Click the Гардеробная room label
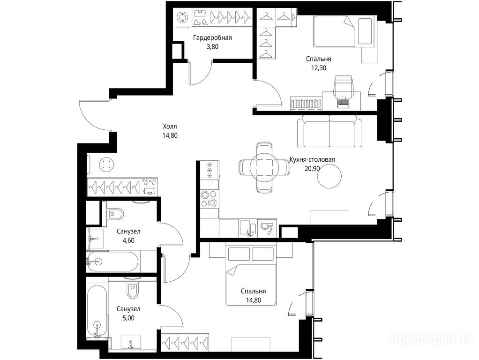pyautogui.click(x=212, y=37)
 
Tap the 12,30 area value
pyautogui.click(x=319, y=68)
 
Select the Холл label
pyautogui.click(x=170, y=126)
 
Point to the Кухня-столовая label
pyautogui.click(x=312, y=159)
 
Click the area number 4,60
pyautogui.click(x=128, y=240)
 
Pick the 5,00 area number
pyautogui.click(x=128, y=318)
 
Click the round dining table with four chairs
pyautogui.click(x=264, y=167)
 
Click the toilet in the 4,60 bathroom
pyautogui.click(x=115, y=213)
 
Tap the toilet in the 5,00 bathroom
pyautogui.click(x=133, y=290)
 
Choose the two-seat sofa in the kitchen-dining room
pyautogui.click(x=329, y=131)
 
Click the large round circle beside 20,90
pyautogui.click(x=329, y=176)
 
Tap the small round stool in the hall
pyautogui.click(x=106, y=165)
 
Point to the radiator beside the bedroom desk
pyautogui.click(x=306, y=103)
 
